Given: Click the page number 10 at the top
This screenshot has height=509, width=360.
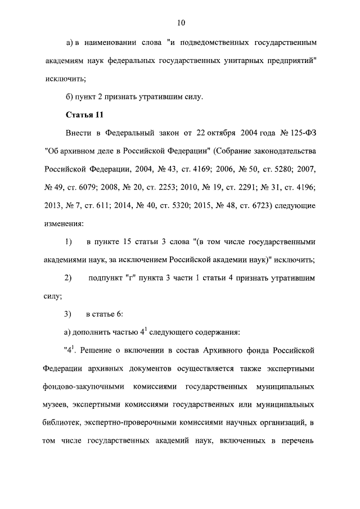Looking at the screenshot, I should [x=180, y=22].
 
